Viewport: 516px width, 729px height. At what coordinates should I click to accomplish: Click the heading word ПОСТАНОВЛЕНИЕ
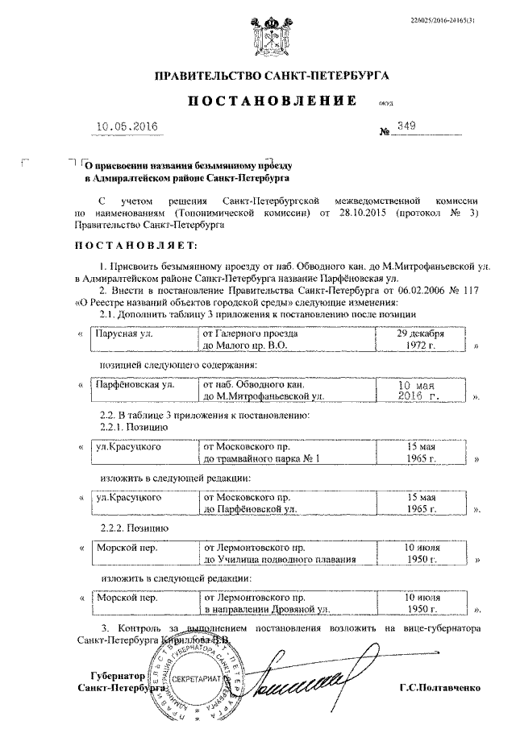tap(273, 101)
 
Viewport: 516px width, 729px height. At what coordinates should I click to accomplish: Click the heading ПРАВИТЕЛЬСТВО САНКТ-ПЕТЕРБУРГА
tap(273, 77)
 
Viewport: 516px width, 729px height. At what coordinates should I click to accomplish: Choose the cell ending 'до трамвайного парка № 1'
tap(286, 452)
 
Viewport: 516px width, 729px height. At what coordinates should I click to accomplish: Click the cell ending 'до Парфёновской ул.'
tap(286, 503)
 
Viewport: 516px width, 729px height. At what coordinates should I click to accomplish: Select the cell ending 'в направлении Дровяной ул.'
tap(286, 604)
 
